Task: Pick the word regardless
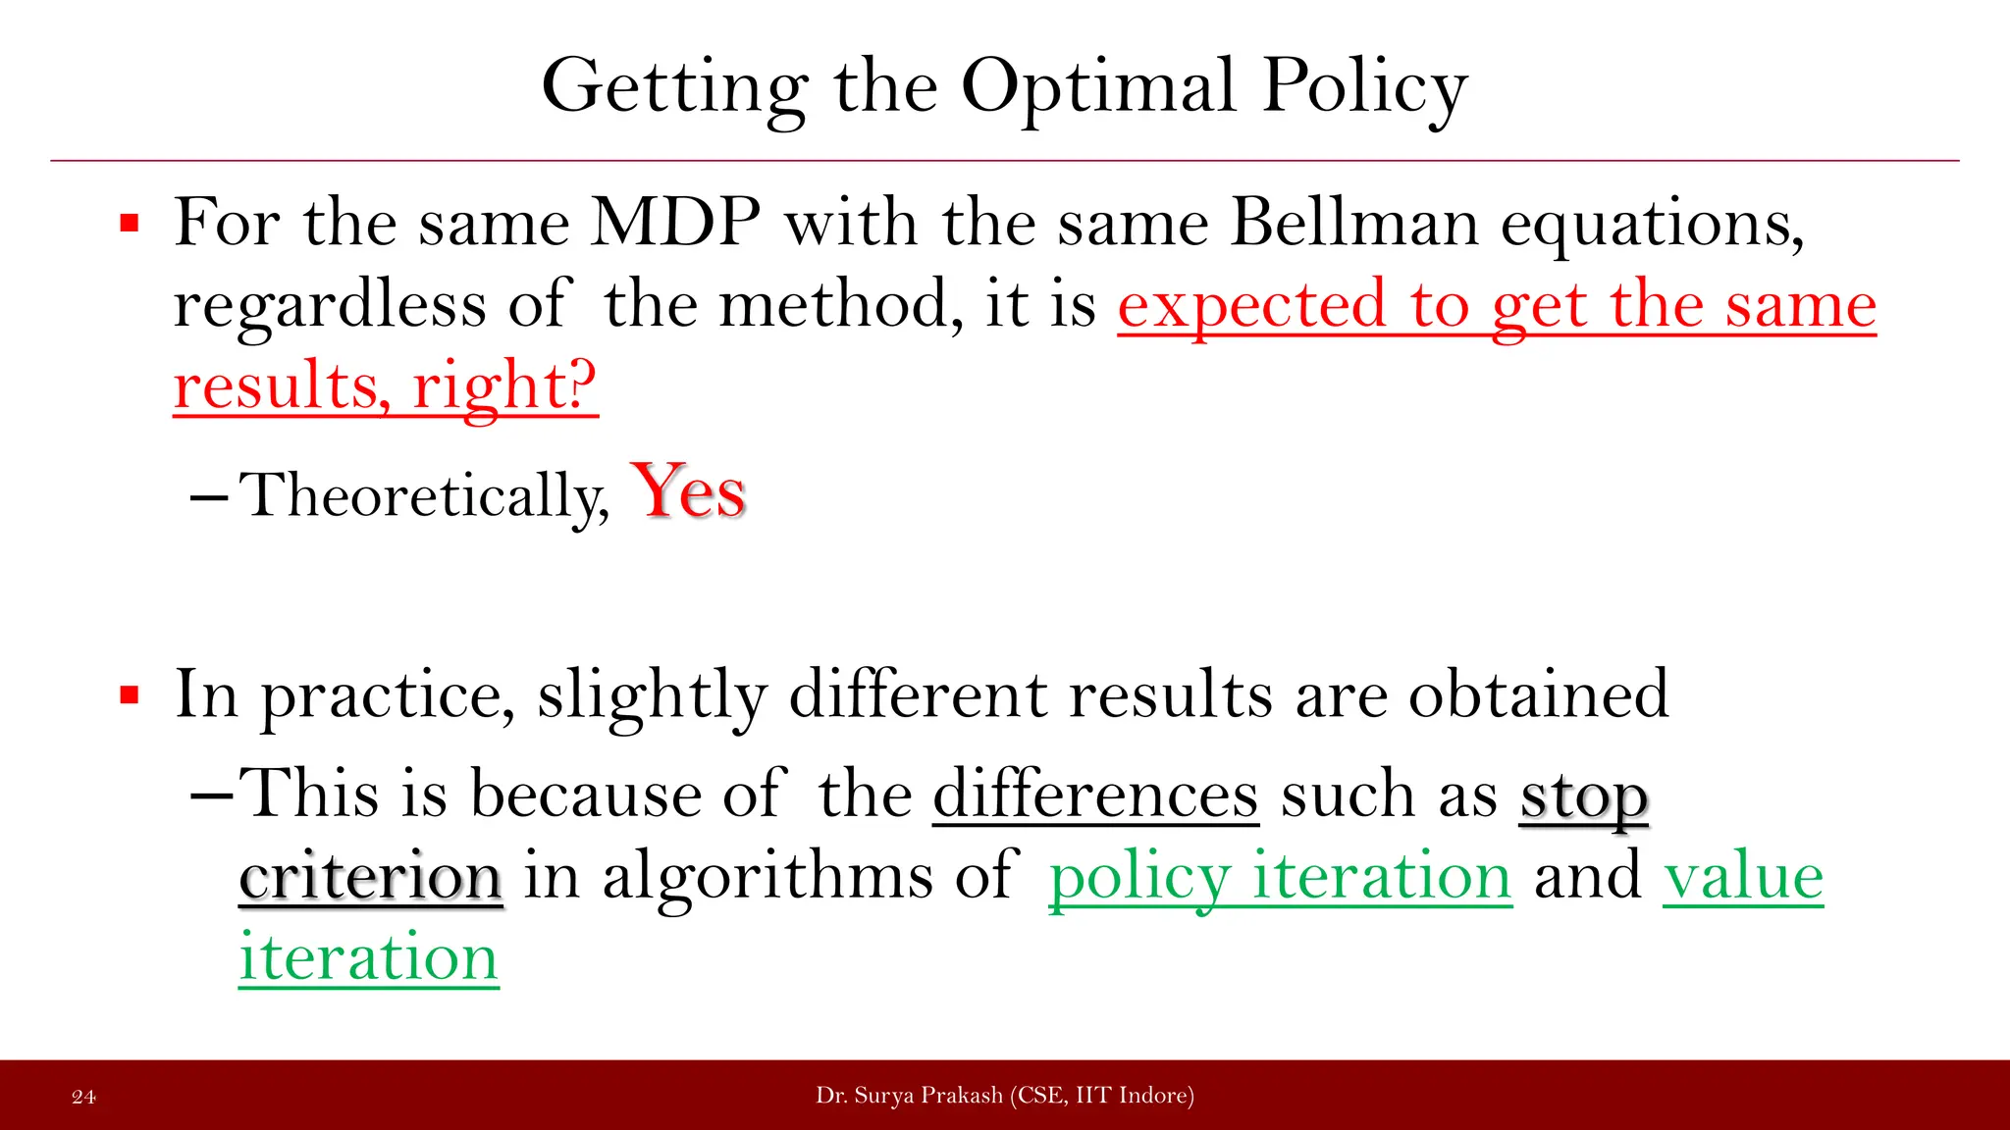click(x=330, y=306)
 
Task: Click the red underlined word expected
click(x=1251, y=306)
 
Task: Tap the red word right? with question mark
click(x=504, y=386)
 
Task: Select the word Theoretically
click(x=424, y=495)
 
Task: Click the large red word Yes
click(x=689, y=491)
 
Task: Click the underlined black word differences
click(x=1095, y=795)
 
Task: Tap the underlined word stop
click(x=1583, y=796)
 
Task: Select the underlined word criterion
click(x=371, y=876)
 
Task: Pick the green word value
click(x=1743, y=876)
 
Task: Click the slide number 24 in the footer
click(x=84, y=1097)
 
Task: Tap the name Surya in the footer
click(x=879, y=1096)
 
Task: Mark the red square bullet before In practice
click(x=129, y=696)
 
